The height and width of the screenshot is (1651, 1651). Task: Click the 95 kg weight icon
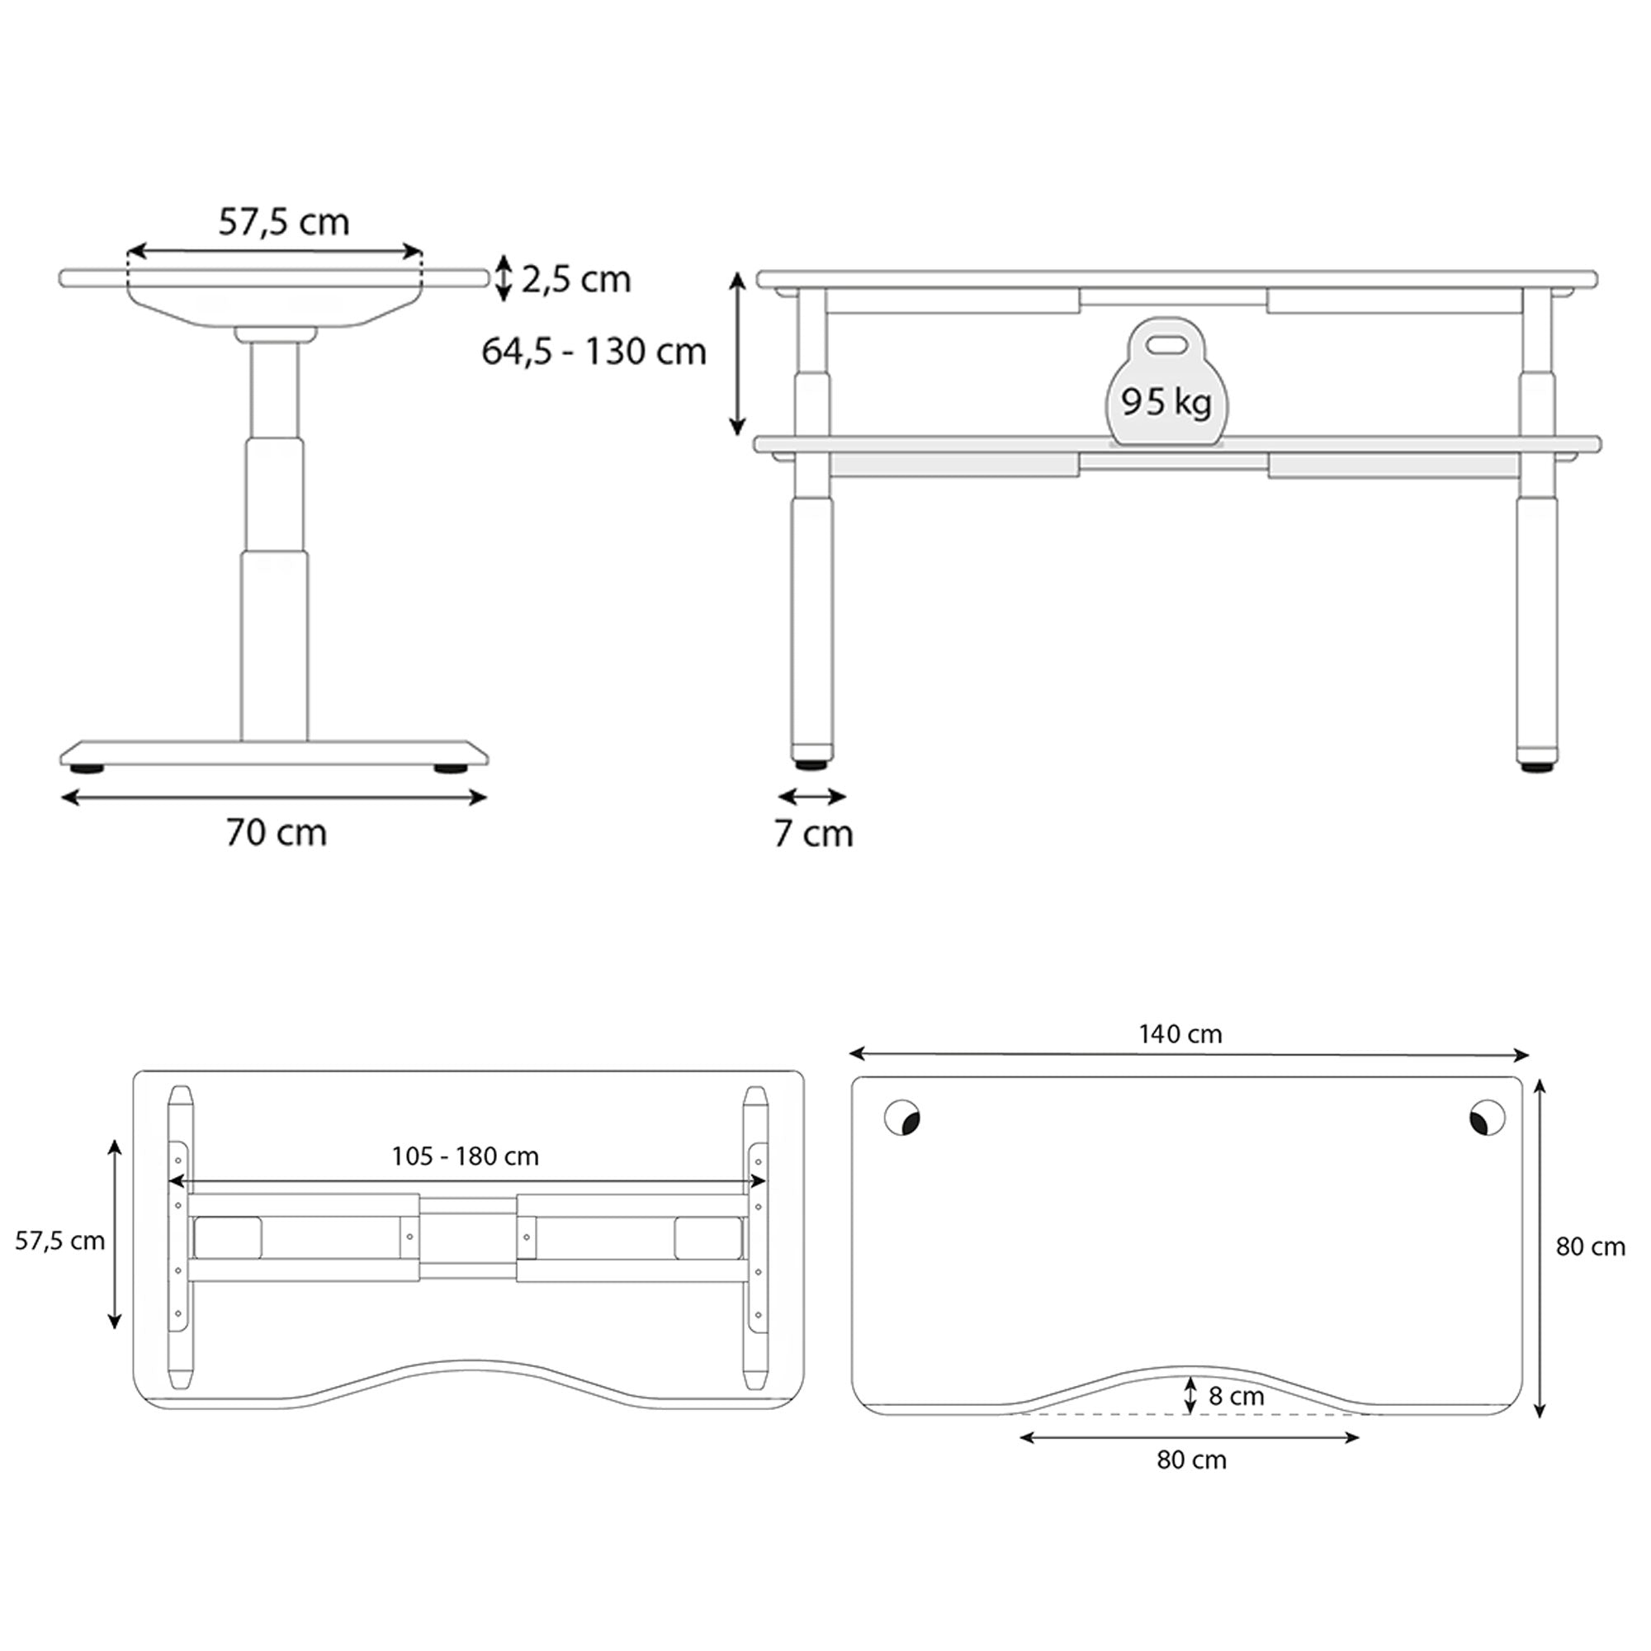tap(1166, 385)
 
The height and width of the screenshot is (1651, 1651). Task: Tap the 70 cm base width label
tap(276, 832)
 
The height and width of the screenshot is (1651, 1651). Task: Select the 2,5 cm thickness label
tap(576, 280)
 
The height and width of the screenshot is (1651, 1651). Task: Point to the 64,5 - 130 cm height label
tap(594, 351)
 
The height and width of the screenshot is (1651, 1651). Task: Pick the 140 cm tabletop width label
tap(1180, 1034)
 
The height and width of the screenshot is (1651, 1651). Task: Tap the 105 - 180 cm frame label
tap(465, 1157)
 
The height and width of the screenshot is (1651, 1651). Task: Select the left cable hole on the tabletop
tap(901, 1118)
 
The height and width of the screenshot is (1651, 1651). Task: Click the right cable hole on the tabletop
tap(1487, 1118)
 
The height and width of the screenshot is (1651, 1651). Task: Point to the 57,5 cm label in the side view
tap(284, 222)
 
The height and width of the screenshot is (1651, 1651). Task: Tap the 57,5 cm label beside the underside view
tap(59, 1241)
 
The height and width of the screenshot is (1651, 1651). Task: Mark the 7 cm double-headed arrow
tap(811, 797)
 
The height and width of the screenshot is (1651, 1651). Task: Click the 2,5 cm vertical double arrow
tap(504, 278)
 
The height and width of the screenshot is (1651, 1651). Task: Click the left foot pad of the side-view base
tap(88, 769)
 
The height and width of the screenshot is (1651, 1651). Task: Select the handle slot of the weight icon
tap(1166, 344)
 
